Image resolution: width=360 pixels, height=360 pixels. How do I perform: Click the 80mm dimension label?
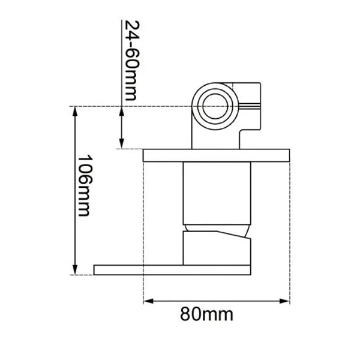tap(206, 313)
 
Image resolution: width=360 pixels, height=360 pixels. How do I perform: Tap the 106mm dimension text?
tap(85, 185)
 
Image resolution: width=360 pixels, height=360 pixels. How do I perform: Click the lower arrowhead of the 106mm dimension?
tap(75, 269)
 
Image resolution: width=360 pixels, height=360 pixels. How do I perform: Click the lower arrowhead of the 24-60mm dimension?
tap(122, 143)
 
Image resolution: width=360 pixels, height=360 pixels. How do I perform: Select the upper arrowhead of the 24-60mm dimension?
tap(122, 112)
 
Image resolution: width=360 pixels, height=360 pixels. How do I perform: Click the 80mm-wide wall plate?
tap(216, 155)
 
